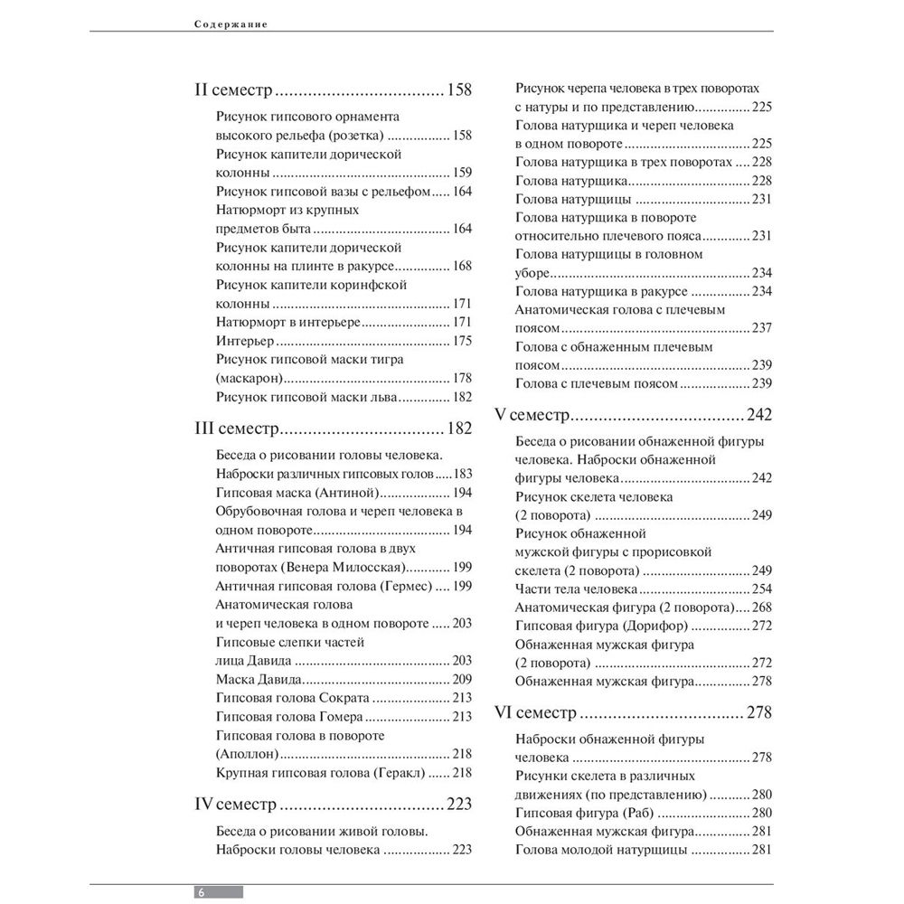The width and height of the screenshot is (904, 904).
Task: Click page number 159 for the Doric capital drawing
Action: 462,172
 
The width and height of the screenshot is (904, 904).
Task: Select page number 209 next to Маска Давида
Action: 462,678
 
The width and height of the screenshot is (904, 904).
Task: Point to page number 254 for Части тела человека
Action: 760,589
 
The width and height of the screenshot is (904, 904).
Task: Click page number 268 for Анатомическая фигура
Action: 760,607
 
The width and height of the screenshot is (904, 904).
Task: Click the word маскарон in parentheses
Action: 250,378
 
